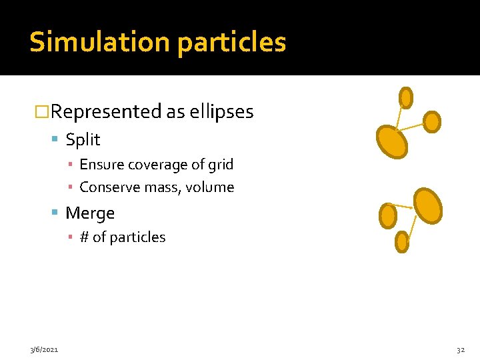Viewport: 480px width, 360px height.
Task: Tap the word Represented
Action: point(106,112)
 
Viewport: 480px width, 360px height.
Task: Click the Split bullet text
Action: point(83,140)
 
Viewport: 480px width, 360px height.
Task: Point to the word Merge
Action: point(90,213)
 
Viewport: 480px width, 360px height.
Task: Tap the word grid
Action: point(221,165)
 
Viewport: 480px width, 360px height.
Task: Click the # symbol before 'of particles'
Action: point(84,237)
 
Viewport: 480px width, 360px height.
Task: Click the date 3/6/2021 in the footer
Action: point(44,349)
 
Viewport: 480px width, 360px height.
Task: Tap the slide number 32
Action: point(460,349)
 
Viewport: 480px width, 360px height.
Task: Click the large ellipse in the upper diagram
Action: point(392,141)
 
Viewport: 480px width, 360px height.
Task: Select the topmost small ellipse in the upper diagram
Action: point(405,98)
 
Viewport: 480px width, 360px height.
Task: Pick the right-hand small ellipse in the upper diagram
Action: point(432,121)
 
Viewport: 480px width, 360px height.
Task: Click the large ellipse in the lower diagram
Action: point(428,205)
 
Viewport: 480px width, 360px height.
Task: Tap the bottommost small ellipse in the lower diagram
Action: point(402,241)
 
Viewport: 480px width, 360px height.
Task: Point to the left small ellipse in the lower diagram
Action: point(388,215)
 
